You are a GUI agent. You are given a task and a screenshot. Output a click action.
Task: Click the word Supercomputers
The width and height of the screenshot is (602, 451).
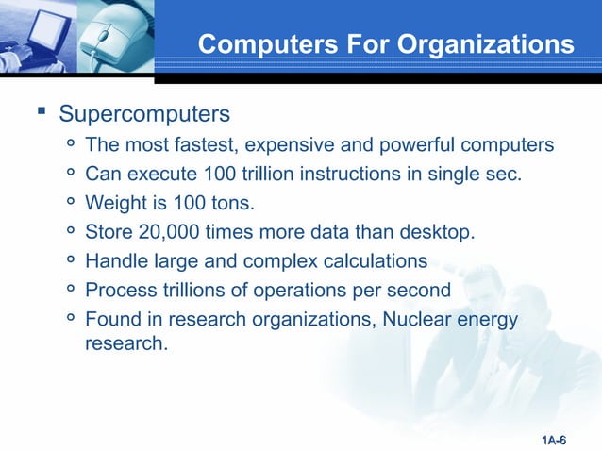144,115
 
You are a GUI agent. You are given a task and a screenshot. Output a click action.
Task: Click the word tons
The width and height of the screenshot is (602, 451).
234,202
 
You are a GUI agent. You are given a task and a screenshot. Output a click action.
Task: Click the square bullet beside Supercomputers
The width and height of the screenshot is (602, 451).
41,114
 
